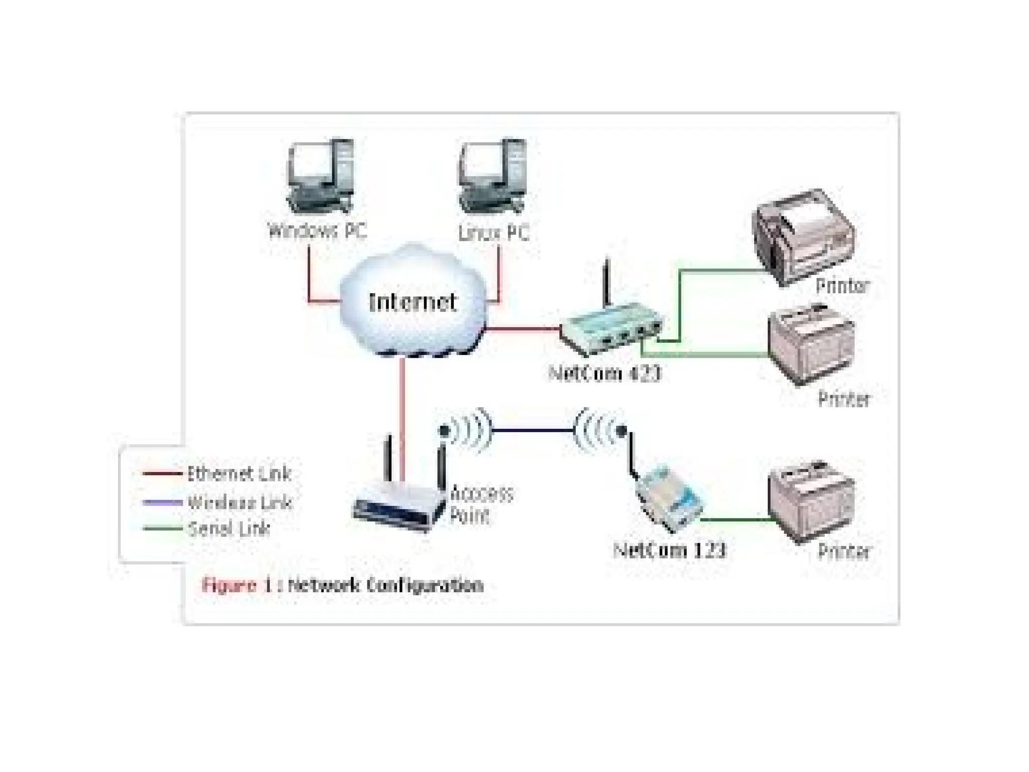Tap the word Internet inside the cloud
tap(413, 302)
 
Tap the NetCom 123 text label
tap(670, 550)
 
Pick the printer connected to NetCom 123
tap(811, 503)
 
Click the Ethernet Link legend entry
tap(238, 473)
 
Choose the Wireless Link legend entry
tap(239, 502)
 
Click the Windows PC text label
tap(318, 231)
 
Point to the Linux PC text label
tap(493, 233)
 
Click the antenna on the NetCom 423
tap(607, 281)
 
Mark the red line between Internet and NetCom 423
tap(523, 329)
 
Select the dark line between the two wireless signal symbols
tap(533, 430)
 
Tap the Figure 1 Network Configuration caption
tap(342, 585)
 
